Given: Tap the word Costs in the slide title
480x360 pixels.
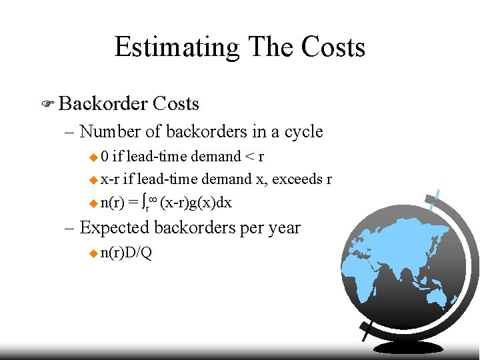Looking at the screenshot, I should (333, 47).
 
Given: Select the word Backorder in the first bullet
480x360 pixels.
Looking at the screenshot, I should (103, 103).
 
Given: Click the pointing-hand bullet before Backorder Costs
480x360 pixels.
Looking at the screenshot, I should (47, 104).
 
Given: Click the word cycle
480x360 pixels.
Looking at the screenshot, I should (303, 131).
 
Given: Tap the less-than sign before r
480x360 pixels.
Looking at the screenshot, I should (249, 157).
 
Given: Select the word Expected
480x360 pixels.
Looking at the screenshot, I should (114, 227).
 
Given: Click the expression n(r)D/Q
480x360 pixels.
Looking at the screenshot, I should (126, 253).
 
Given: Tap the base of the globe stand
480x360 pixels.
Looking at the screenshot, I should (407, 347).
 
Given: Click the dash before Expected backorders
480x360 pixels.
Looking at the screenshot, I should (69, 228).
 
